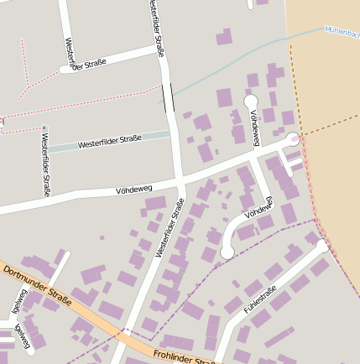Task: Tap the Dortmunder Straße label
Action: coord(34,284)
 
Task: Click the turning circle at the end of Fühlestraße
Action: coord(323,246)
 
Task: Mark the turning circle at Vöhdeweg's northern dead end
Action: coord(250,101)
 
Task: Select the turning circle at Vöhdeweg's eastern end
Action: coord(293,138)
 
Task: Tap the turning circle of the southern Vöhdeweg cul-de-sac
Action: coord(227,251)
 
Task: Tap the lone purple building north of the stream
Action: coord(224,37)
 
